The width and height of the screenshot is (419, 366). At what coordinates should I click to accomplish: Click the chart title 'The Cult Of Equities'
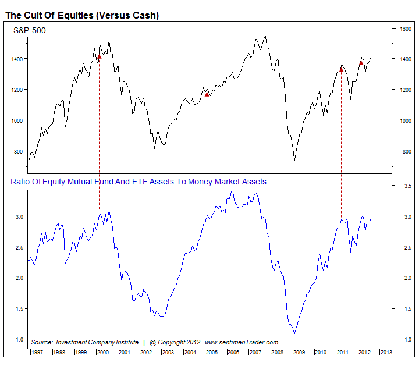click(82, 15)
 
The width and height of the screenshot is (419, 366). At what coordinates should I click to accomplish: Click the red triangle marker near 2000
click(99, 56)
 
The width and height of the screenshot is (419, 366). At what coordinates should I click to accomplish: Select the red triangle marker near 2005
click(207, 94)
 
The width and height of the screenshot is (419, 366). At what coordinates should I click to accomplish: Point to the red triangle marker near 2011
click(341, 70)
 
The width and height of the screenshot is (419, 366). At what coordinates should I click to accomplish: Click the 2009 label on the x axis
click(299, 352)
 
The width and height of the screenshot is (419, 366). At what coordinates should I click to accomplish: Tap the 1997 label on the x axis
click(37, 352)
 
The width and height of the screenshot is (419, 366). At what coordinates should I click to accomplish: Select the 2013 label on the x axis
click(386, 352)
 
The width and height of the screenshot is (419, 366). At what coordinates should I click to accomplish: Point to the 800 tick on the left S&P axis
click(17, 151)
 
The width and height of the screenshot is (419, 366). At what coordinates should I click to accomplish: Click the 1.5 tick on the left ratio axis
click(19, 308)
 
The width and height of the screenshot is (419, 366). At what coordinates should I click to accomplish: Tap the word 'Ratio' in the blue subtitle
click(21, 182)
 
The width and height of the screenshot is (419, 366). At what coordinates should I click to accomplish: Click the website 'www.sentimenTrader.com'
click(242, 342)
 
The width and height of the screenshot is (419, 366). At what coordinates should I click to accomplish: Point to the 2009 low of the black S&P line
click(294, 161)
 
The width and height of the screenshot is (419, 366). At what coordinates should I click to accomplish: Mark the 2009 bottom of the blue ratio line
click(294, 333)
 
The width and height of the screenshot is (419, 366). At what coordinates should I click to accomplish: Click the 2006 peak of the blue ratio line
click(233, 190)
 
